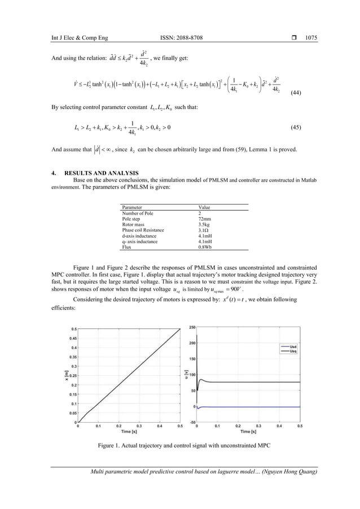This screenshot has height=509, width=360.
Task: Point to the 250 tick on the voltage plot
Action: pos(191,328)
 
